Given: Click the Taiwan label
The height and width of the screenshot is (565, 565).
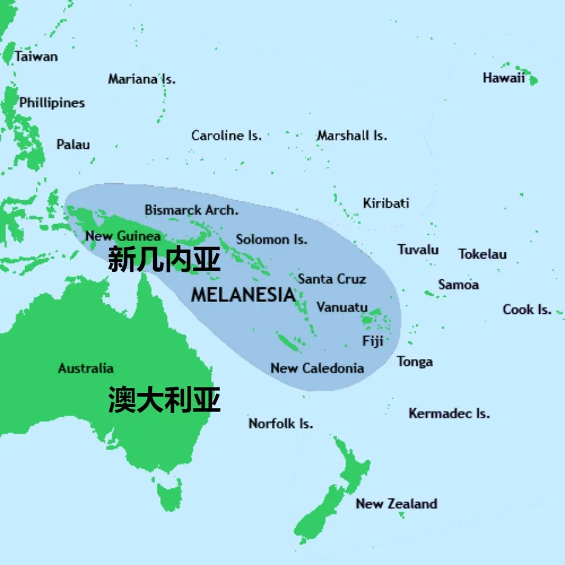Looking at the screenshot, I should click(36, 56).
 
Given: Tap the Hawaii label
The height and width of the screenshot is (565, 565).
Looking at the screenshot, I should click(503, 78).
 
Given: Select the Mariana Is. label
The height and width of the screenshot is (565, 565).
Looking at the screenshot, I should click(141, 79).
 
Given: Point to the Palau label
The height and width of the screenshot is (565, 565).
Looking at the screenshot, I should click(73, 144).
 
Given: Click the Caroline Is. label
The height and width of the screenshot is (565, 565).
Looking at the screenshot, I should click(226, 136).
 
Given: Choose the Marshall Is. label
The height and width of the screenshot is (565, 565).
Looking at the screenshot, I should click(352, 136).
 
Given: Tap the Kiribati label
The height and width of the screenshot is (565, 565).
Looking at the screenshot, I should click(386, 203).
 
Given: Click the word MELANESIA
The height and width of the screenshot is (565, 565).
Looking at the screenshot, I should click(243, 294).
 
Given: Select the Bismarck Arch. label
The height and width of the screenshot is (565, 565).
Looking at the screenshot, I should click(191, 210).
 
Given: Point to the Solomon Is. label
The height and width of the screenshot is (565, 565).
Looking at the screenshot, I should click(272, 239).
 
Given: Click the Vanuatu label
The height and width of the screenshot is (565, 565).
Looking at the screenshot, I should click(342, 307).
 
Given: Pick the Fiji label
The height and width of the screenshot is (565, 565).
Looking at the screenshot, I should click(372, 341).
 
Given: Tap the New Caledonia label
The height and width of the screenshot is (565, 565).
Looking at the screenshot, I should click(317, 368).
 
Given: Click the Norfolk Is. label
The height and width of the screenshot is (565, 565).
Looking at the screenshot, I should click(281, 423).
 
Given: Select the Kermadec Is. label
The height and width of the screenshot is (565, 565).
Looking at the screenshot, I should click(449, 413).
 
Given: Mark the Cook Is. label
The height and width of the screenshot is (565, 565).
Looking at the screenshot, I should click(527, 309).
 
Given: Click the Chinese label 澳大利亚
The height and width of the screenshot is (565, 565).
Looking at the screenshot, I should click(164, 399).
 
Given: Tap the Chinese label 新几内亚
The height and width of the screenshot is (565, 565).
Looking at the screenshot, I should click(164, 259).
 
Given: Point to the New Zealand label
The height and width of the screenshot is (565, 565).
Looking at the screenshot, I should click(396, 503).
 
